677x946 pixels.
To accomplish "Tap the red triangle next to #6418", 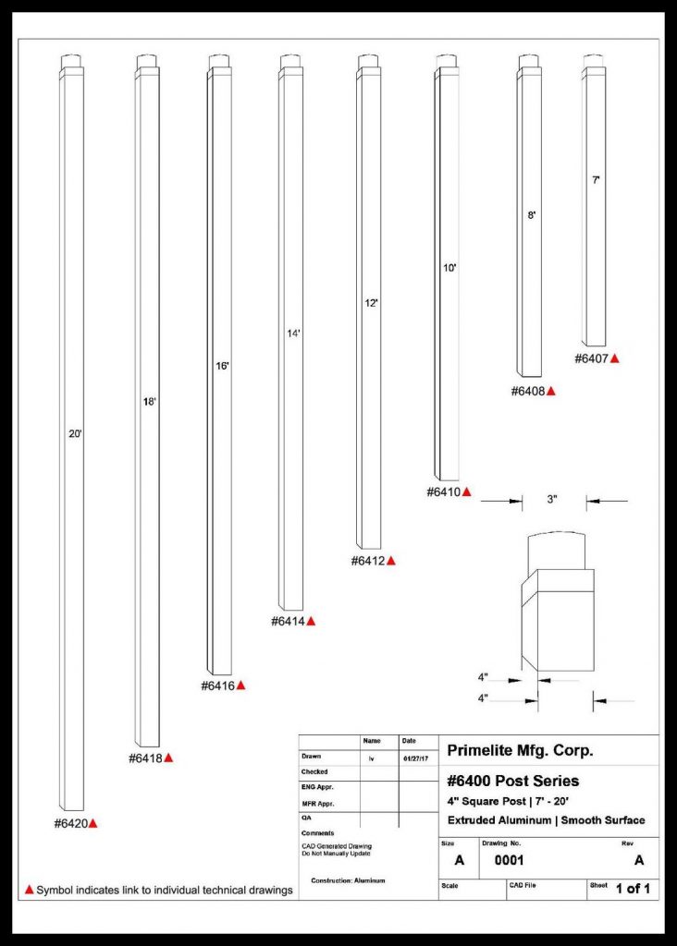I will pos(169,758).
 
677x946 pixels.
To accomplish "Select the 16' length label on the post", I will pos(222,367).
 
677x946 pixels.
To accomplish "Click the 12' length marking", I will pos(371,303).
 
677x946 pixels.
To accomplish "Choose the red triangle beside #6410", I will pos(467,492).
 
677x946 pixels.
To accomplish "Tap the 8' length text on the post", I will pos(532,214).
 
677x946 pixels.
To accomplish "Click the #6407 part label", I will pos(590,358).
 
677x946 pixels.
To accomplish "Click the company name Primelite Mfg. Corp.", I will pos(520,750).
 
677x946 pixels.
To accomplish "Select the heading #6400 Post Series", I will pos(512,782).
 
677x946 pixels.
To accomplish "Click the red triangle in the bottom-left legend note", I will pos(29,890).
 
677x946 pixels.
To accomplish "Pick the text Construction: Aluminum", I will pos(348,880).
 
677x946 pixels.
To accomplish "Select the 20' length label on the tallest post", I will pos(76,432).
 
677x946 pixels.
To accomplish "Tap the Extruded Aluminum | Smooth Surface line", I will pos(546,820).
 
